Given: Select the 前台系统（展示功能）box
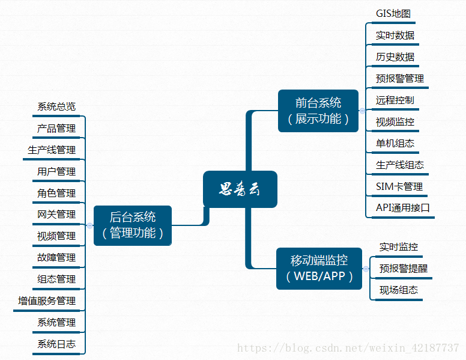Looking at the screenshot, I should tap(318, 111).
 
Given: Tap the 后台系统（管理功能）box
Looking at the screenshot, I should tap(133, 225).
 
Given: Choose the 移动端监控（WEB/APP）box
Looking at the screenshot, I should tap(319, 268).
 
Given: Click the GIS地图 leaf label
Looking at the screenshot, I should tap(393, 14).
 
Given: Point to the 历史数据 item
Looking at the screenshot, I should tap(395, 57).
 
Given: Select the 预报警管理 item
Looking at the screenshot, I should tap(400, 79).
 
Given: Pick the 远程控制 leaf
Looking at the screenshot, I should tap(395, 100).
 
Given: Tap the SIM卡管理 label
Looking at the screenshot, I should tap(399, 187).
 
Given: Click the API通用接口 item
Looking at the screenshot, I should tap(403, 209).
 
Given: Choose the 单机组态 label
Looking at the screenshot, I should tap(395, 144).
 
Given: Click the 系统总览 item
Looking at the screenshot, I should tap(56, 107).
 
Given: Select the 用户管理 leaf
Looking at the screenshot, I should tap(56, 172).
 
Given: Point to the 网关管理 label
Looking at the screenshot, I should tap(56, 215).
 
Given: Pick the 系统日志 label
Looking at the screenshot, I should tap(56, 344).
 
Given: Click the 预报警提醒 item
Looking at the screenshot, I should tap(404, 269).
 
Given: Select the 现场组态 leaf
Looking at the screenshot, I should tap(399, 290).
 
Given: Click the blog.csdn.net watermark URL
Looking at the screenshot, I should tap(348, 348).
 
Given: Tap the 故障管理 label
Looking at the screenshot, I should tap(56, 258).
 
